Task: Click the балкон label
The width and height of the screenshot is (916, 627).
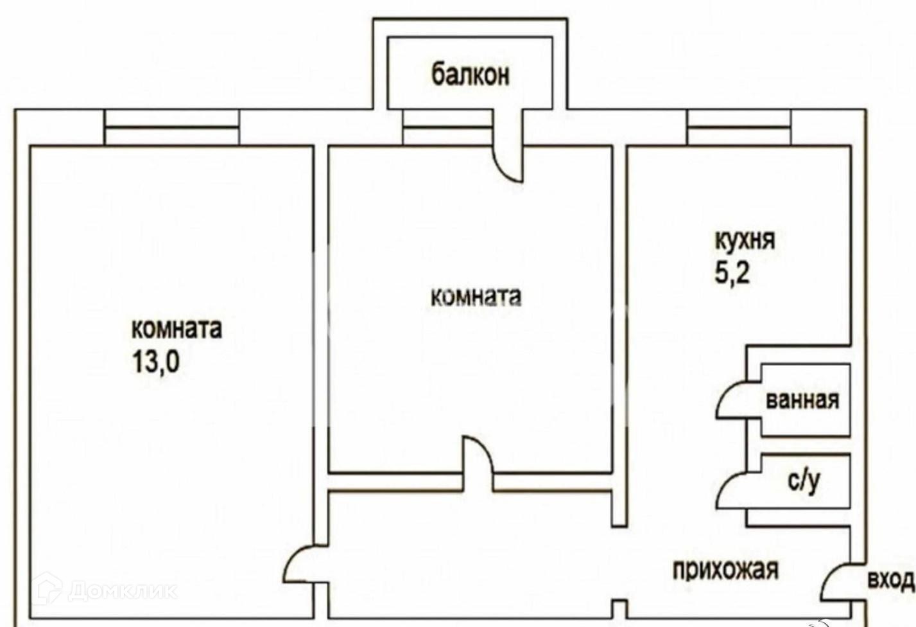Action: pos(471,75)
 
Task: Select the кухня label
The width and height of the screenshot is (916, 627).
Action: pos(745,240)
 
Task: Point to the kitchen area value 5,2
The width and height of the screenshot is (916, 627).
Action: pos(732,274)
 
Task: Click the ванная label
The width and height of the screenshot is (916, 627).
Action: pos(802,400)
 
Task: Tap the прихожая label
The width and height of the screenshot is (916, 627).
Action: pos(725,569)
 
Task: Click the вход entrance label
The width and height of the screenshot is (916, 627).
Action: pos(890,579)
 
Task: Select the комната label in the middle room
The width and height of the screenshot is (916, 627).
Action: pos(476,297)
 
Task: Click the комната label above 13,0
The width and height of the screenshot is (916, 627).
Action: pos(177,329)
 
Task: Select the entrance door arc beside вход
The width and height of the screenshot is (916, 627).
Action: pos(834,581)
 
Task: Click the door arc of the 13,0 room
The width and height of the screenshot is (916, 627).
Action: pos(297,565)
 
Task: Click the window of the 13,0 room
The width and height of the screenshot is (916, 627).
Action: pos(172,127)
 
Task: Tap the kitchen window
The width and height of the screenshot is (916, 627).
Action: pos(739,127)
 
